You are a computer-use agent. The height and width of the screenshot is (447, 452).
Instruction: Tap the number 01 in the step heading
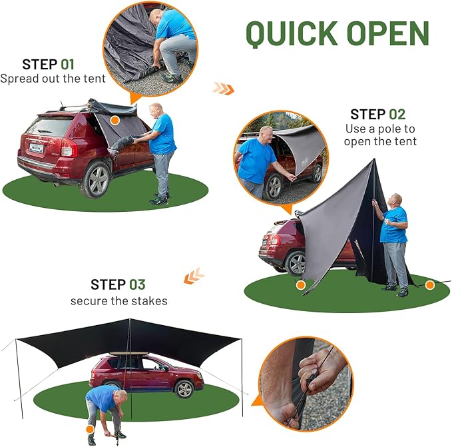[67, 65]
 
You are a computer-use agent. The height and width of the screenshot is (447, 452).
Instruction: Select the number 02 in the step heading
[396, 114]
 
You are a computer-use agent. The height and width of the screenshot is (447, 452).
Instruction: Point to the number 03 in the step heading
[136, 284]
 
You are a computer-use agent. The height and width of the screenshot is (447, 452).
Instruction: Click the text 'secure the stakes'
[119, 300]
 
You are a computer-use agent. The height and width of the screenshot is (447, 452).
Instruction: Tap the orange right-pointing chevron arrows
[223, 88]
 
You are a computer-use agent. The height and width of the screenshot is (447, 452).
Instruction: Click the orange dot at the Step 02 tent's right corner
[430, 285]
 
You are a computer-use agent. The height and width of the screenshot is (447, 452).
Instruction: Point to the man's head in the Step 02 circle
[266, 134]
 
